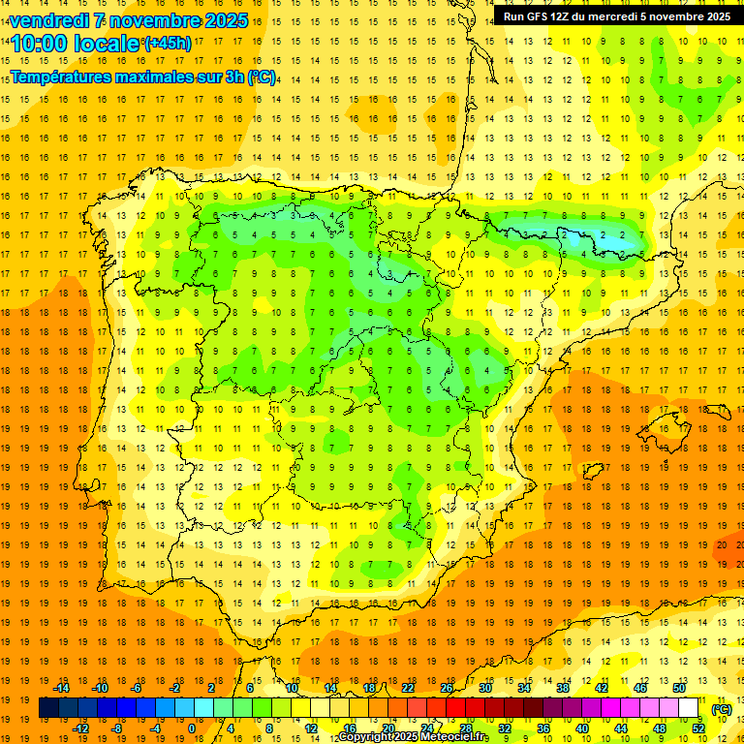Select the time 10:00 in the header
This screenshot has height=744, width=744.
[39, 44]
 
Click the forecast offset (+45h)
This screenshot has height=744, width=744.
[167, 44]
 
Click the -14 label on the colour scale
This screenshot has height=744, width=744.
[62, 688]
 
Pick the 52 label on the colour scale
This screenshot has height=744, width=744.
[698, 728]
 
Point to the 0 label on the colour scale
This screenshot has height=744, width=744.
[192, 728]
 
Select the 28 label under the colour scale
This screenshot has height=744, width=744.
[466, 728]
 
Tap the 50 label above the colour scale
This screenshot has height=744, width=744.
[679, 688]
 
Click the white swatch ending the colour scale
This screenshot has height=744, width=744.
[689, 708]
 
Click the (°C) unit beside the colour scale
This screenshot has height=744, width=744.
[722, 709]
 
